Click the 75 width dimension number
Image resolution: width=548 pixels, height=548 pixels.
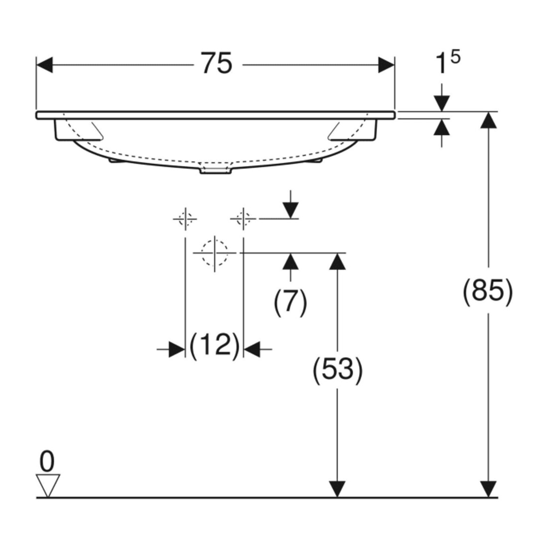(x=217, y=64)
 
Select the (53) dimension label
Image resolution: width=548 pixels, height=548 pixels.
(x=337, y=370)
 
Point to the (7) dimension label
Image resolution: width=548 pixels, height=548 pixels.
(x=290, y=302)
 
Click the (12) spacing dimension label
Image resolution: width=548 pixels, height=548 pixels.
(x=214, y=345)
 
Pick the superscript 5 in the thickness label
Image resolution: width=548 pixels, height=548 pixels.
(x=455, y=57)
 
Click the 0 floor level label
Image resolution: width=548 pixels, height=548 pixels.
(x=47, y=461)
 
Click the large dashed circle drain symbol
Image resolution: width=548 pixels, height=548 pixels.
(x=214, y=253)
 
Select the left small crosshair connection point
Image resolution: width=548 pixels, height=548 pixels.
(x=185, y=219)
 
